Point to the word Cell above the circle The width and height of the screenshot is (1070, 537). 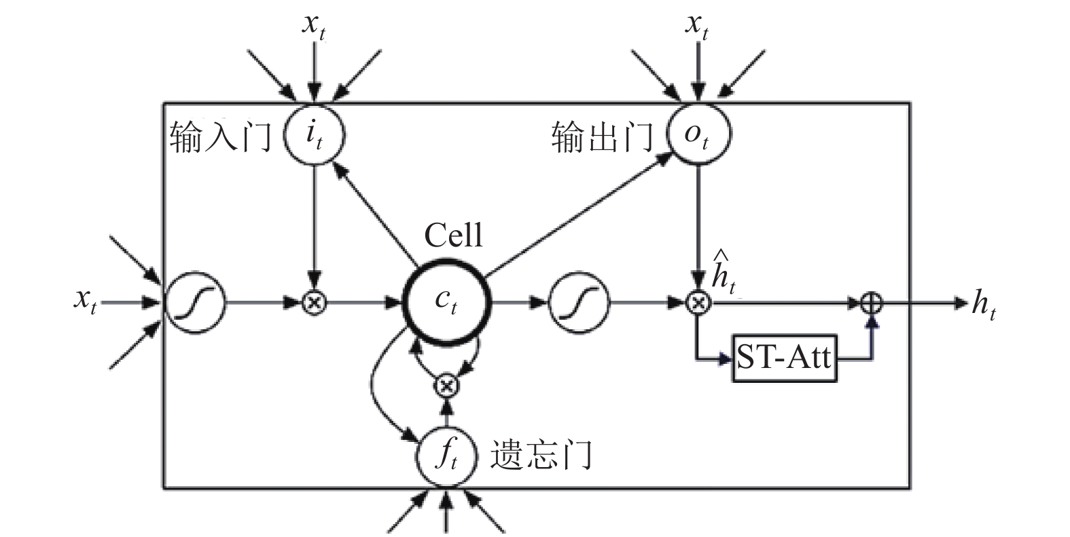453,236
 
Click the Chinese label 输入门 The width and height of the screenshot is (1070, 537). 220,136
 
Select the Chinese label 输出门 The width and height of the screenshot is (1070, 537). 603,136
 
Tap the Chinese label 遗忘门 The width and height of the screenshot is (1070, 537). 541,455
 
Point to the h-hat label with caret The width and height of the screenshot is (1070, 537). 724,271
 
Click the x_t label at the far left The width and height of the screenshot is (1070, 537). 86,301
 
